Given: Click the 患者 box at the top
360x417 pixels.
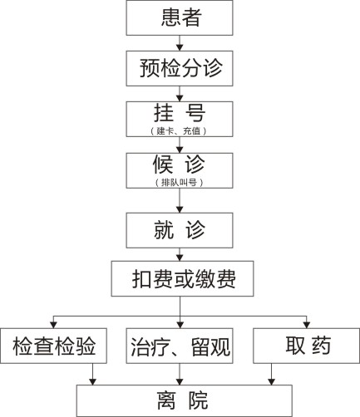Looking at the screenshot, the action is click(x=180, y=17).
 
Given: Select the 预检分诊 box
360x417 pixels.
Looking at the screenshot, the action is click(x=180, y=68).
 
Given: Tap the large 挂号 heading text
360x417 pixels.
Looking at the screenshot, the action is click(x=180, y=113).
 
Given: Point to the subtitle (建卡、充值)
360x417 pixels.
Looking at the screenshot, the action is click(x=179, y=130).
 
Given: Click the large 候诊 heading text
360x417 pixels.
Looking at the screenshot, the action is click(x=179, y=164).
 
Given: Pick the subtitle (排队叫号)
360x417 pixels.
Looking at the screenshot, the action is click(x=179, y=182).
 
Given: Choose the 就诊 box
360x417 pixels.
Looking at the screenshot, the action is click(x=180, y=230).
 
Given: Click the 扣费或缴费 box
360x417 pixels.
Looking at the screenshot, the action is click(x=182, y=278).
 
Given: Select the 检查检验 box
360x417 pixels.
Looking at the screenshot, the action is click(x=53, y=346).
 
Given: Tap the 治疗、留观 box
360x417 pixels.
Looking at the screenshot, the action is click(x=180, y=346).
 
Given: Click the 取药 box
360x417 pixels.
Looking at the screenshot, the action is click(x=307, y=346).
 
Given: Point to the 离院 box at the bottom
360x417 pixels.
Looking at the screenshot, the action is click(x=185, y=400).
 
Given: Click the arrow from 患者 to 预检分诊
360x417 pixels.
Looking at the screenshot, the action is click(x=180, y=43).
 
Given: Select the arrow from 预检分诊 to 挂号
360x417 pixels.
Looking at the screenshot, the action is click(x=180, y=94).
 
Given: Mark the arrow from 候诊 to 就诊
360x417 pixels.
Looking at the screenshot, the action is click(x=180, y=200).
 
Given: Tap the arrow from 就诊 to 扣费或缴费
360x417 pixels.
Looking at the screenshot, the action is click(x=180, y=254).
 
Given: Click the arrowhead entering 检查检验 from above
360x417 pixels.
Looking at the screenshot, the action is click(x=54, y=325).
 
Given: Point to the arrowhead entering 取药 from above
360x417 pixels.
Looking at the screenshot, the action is click(x=307, y=325).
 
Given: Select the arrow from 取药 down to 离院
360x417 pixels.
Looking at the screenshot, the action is click(x=271, y=374).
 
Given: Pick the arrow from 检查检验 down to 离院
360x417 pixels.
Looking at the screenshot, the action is click(x=92, y=374).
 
